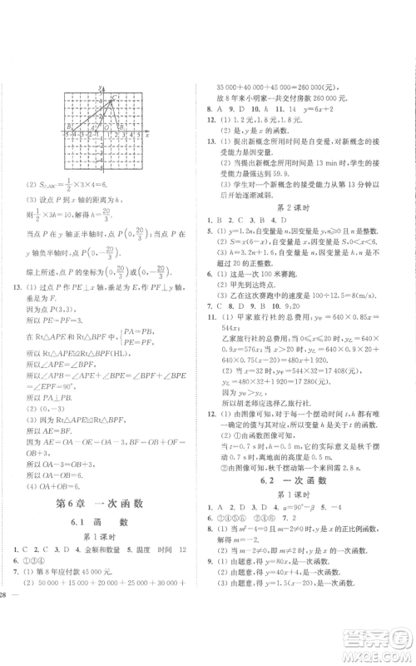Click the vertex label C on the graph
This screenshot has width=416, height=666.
click(114, 97)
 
